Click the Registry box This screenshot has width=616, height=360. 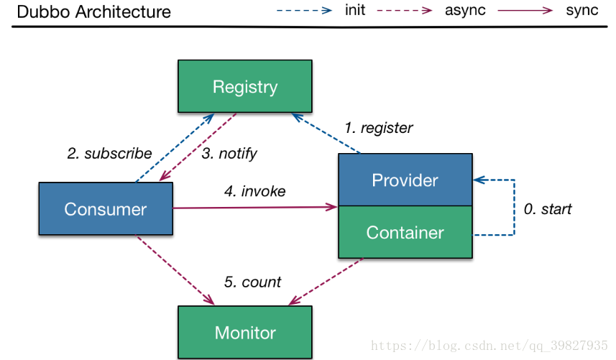coord(245,86)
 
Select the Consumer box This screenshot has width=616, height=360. coord(106,208)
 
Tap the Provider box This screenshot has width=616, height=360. coord(405,180)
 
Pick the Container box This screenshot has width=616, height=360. coord(405,232)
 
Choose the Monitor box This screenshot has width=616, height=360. coord(245,332)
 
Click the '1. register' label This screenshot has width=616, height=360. coord(378,128)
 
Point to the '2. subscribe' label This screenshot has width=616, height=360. coord(109,153)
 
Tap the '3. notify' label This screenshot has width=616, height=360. coord(229,154)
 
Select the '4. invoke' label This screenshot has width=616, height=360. coord(254,191)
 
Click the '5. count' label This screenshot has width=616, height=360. coord(252,282)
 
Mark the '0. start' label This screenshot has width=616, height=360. coord(547,209)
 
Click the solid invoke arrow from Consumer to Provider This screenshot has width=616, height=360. coord(255,207)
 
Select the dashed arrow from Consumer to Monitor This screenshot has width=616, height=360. coord(175,269)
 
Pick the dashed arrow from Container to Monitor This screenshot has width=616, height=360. coord(326,281)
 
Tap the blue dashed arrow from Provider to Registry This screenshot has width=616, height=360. coord(326,133)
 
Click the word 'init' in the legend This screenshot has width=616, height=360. coord(355,10)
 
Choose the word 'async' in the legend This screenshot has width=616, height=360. coord(465,11)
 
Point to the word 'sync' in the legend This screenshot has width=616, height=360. coord(581,11)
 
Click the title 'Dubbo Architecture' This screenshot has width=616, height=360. coord(94,11)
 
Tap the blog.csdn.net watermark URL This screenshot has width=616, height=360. coord(489,346)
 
